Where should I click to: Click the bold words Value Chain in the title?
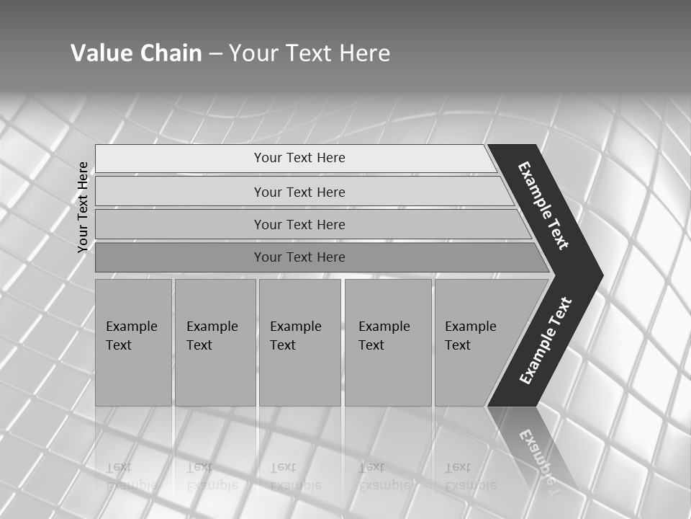point(136,53)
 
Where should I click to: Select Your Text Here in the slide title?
point(310,53)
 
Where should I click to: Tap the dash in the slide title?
point(215,54)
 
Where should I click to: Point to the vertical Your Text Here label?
point(83,207)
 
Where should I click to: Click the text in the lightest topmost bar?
point(299,158)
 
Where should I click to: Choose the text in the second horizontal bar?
point(299,192)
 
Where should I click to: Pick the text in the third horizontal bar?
point(299,225)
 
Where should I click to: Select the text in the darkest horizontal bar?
point(299,257)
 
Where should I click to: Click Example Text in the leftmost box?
point(131,336)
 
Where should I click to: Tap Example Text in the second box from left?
point(212,336)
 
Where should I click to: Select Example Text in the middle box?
point(295,336)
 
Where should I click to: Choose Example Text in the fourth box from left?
point(384,336)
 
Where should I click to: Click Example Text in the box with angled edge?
point(470,336)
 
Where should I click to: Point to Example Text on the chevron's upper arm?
point(543,205)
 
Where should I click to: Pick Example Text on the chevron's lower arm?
point(545,341)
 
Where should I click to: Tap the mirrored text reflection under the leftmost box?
point(131,476)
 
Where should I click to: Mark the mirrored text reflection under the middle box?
point(295,476)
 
